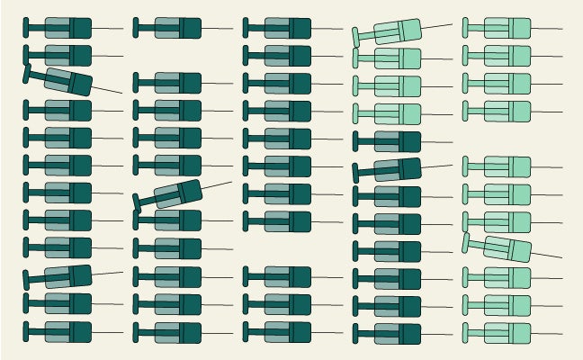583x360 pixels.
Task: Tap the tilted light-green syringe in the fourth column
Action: point(392,32)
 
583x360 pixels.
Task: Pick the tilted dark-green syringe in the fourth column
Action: point(392,168)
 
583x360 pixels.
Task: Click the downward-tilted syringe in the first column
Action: point(63,81)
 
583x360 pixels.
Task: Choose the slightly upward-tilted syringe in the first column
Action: point(63,275)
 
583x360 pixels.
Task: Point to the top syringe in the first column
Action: point(63,28)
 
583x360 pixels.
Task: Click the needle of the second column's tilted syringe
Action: point(217,185)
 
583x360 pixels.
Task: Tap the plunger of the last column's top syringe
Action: point(472,28)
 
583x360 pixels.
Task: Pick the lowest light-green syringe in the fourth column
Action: point(392,114)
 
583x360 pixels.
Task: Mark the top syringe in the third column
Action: point(283,28)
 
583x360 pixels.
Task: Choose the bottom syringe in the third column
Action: point(283,332)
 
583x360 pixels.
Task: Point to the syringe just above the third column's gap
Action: point(283,221)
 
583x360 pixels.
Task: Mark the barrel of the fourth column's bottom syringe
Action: point(397,332)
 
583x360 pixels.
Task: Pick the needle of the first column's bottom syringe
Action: point(108,332)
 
